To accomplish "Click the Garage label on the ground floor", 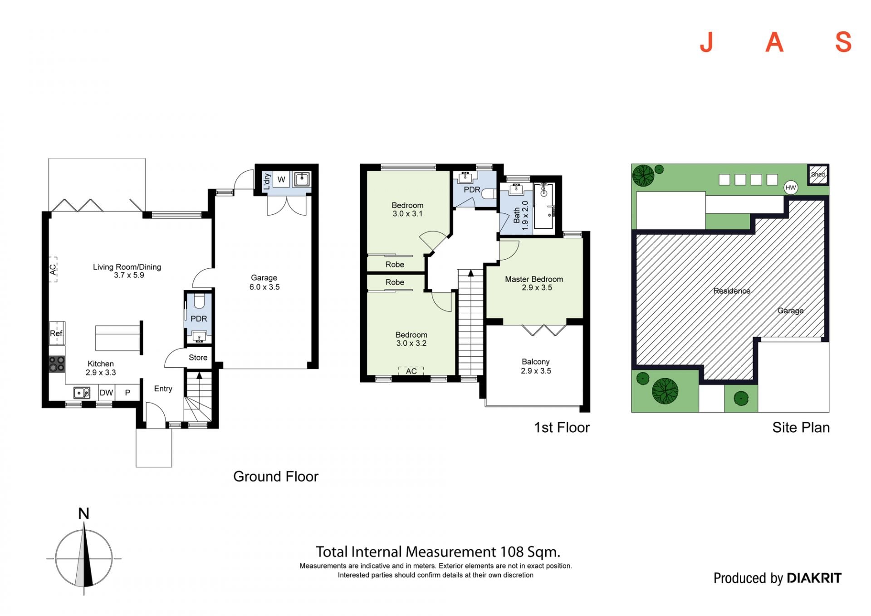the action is pyautogui.click(x=264, y=278).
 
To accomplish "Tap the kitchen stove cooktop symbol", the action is pyautogui.click(x=57, y=364).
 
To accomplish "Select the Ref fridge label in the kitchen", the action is pyautogui.click(x=56, y=334).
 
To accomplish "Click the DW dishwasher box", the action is pyautogui.click(x=106, y=393).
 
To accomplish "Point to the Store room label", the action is pyautogui.click(x=198, y=358).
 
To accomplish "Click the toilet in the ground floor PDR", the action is pyautogui.click(x=199, y=301).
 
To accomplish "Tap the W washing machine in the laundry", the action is pyautogui.click(x=281, y=179).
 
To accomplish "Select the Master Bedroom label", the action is pyautogui.click(x=534, y=279).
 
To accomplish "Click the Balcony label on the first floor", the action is pyautogui.click(x=535, y=362).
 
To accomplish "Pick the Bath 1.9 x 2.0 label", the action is pyautogui.click(x=521, y=216).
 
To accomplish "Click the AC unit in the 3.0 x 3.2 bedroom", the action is pyautogui.click(x=411, y=371).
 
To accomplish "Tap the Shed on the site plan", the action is pyautogui.click(x=818, y=175).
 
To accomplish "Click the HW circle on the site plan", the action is pyautogui.click(x=791, y=187).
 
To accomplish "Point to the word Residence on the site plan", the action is pyautogui.click(x=732, y=291).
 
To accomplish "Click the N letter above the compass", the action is pyautogui.click(x=83, y=513).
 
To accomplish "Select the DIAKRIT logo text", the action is pyautogui.click(x=814, y=578).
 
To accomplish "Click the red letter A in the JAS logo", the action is pyautogui.click(x=774, y=43).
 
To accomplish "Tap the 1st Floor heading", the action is pyautogui.click(x=562, y=428).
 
